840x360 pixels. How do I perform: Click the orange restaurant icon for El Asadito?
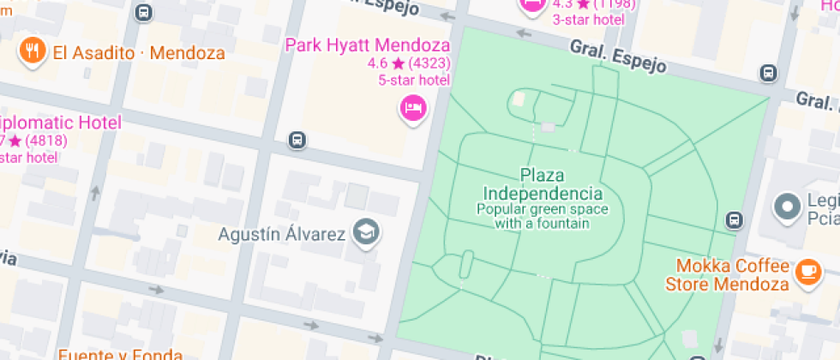[x=32, y=51]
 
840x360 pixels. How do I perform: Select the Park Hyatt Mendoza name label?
[x=368, y=45]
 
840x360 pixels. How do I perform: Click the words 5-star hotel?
[x=414, y=81]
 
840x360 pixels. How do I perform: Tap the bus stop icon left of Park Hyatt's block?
[x=297, y=140]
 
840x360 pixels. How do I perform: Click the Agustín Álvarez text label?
[x=281, y=234]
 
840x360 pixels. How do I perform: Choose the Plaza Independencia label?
[x=542, y=184]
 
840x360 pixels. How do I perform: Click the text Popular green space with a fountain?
[x=542, y=216]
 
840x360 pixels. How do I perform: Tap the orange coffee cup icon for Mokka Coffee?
[x=807, y=271]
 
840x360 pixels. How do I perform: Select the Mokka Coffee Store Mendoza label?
[x=731, y=274]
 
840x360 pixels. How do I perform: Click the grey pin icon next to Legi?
[x=786, y=206]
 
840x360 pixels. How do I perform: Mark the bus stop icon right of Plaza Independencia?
[x=734, y=219]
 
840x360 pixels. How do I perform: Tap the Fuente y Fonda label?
[x=120, y=354]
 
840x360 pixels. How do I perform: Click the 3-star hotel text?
[x=586, y=20]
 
